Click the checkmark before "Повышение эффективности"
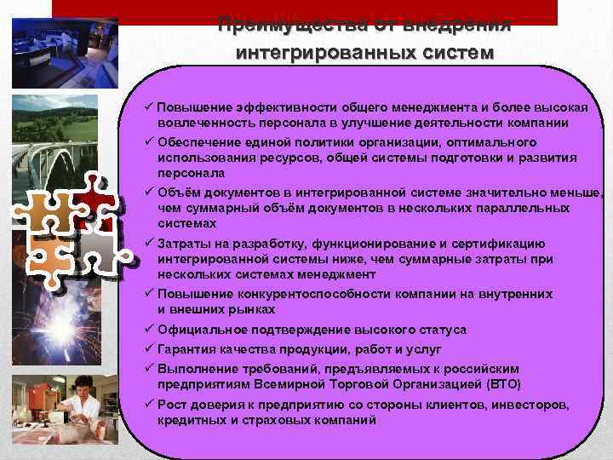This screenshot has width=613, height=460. coord(148,108)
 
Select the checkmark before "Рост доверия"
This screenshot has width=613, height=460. coord(148,405)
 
